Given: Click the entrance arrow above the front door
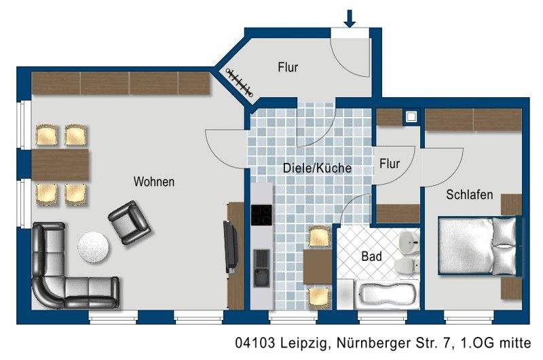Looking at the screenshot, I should pos(350,18).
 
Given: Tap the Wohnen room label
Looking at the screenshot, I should pos(154,182).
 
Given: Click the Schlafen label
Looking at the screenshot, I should pos(470,195).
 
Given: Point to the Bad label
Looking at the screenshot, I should pos(371,257).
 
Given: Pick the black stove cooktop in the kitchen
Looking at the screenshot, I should pos(261,215).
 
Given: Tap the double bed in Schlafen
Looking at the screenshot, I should pos(479,245).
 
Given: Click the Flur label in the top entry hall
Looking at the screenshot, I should pos(288,67).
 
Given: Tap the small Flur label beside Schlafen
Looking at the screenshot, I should pos(390,164).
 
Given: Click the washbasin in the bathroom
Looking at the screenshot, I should pos(409,240).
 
